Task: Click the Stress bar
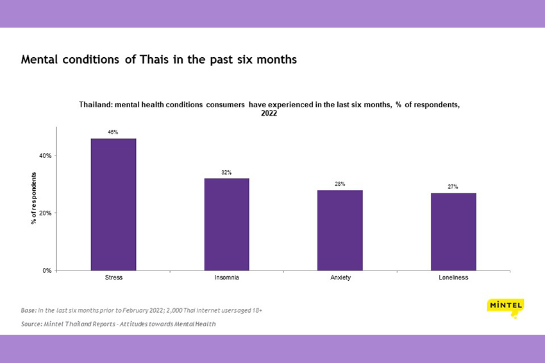(113, 204)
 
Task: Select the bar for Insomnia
(226, 224)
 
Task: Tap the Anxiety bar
(340, 230)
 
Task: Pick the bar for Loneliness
(453, 231)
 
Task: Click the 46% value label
(113, 132)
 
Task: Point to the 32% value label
(226, 172)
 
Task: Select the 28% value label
(340, 184)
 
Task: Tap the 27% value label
(453, 187)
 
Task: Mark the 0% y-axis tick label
(46, 270)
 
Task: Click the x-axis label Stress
(113, 278)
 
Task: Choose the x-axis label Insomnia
(226, 278)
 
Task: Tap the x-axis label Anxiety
(340, 278)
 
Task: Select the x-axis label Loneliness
(453, 278)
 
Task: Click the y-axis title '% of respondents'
(33, 198)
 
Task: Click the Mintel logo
(505, 307)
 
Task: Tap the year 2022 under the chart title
(269, 114)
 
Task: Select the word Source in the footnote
(33, 324)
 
